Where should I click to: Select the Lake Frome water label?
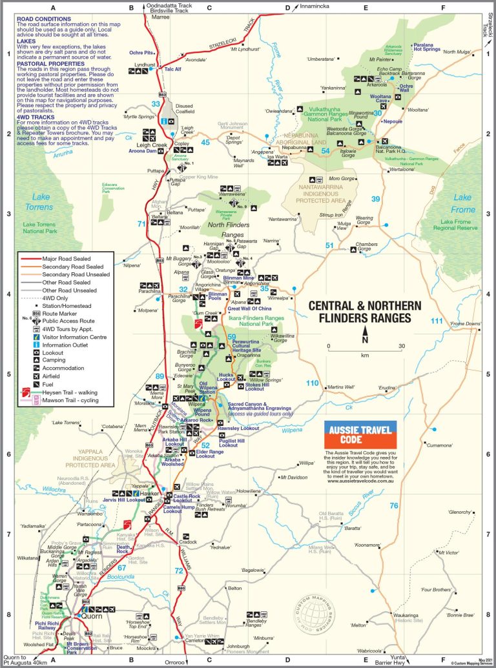pyautogui.click(x=462, y=203)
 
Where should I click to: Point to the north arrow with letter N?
pyautogui.click(x=365, y=336)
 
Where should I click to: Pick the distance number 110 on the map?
pyautogui.click(x=312, y=383)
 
